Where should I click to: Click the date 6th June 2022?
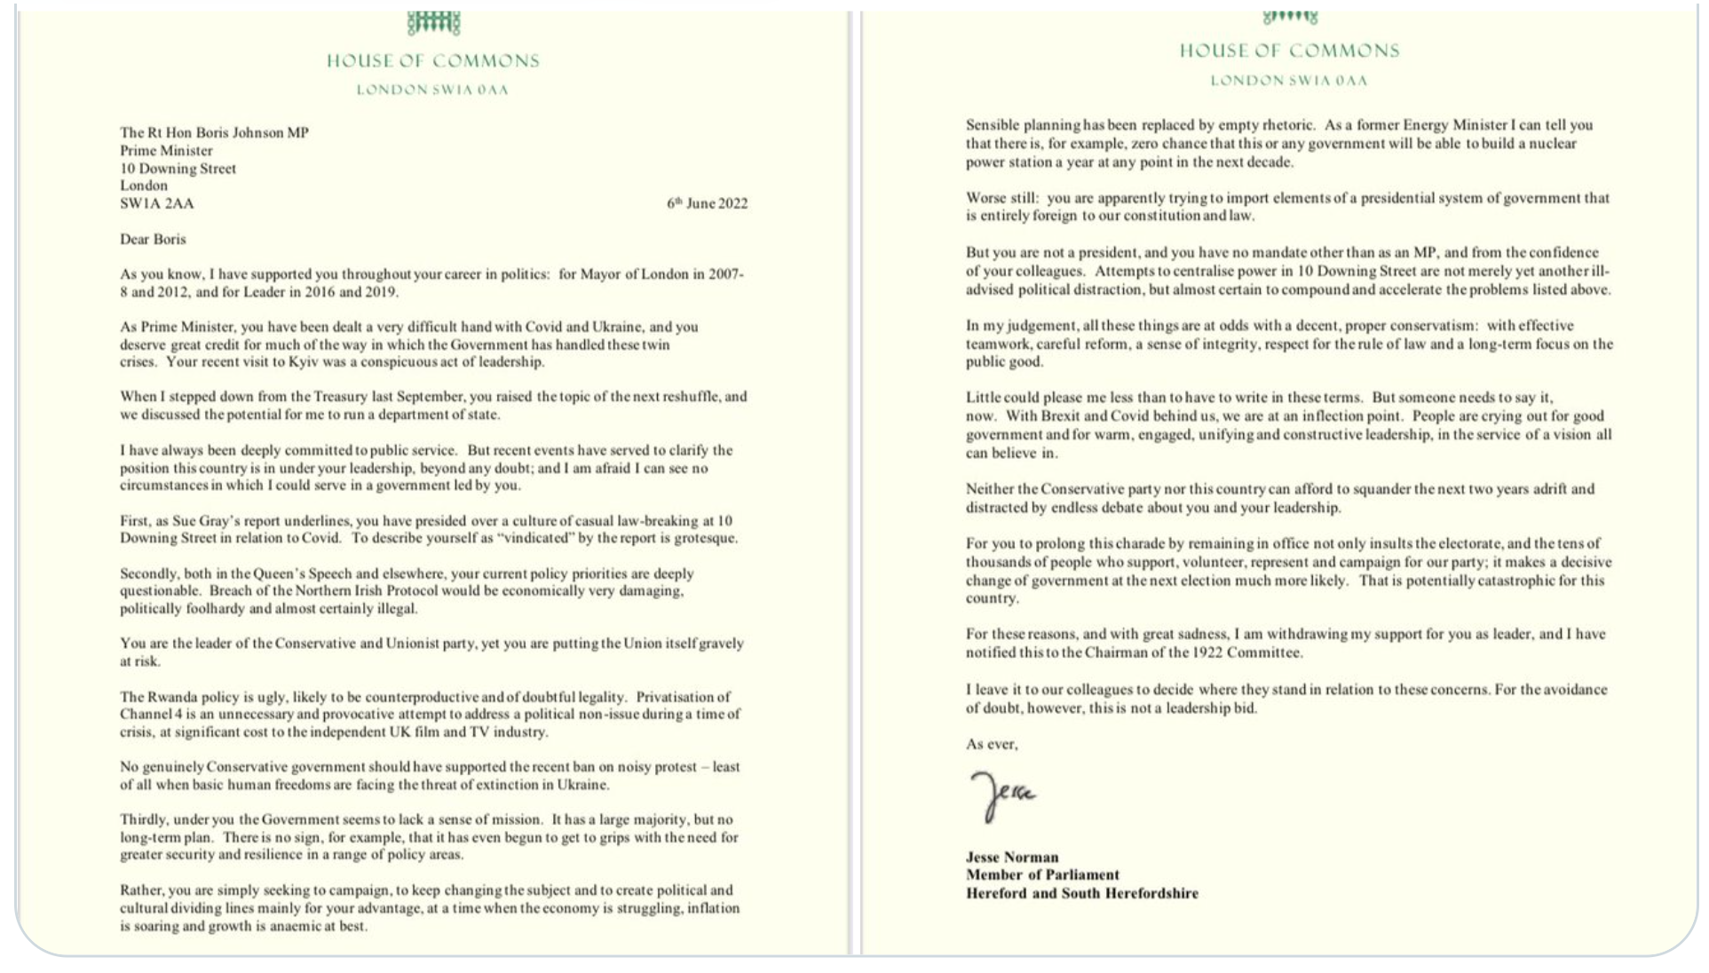tap(707, 203)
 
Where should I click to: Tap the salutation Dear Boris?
tap(153, 239)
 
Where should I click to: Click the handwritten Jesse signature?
tap(1001, 795)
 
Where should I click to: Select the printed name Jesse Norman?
tap(1011, 857)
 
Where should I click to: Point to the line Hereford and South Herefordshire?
tap(1081, 893)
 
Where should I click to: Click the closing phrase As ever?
tap(991, 744)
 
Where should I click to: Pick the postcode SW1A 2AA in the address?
tap(156, 203)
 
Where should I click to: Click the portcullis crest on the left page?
tap(433, 23)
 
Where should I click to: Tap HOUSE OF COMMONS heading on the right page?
tap(1288, 51)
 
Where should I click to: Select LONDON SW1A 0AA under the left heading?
tap(432, 90)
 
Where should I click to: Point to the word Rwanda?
tap(173, 697)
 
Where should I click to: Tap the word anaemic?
tap(300, 926)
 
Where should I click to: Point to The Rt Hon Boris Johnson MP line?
tap(214, 133)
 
